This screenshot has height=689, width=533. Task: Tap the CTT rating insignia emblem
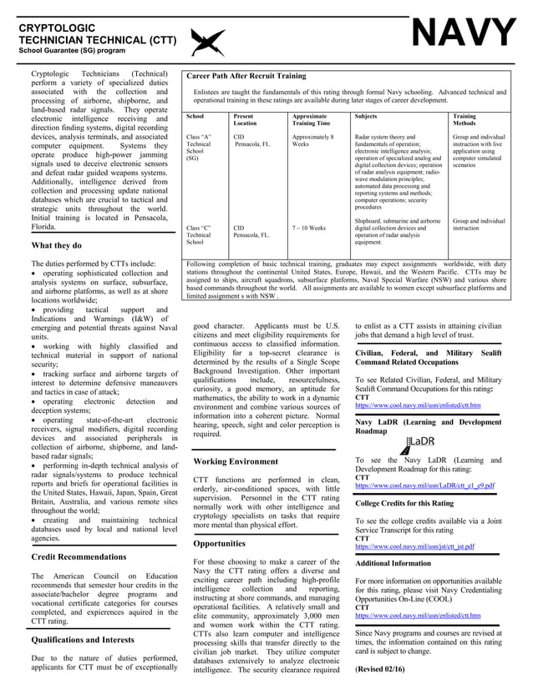pos(207,41)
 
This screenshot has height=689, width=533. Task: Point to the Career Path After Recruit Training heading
pos(246,76)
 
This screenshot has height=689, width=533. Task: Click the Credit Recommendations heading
pos(79,556)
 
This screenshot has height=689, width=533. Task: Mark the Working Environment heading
pos(239,460)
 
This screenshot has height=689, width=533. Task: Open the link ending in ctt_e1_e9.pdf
pos(424,485)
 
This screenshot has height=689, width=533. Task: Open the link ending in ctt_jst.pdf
pos(414,547)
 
